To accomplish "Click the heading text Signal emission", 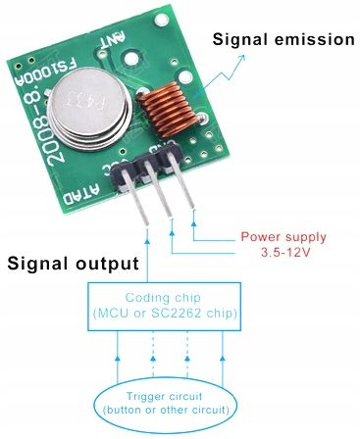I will pos(283,40).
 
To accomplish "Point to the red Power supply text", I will pos(283,237).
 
